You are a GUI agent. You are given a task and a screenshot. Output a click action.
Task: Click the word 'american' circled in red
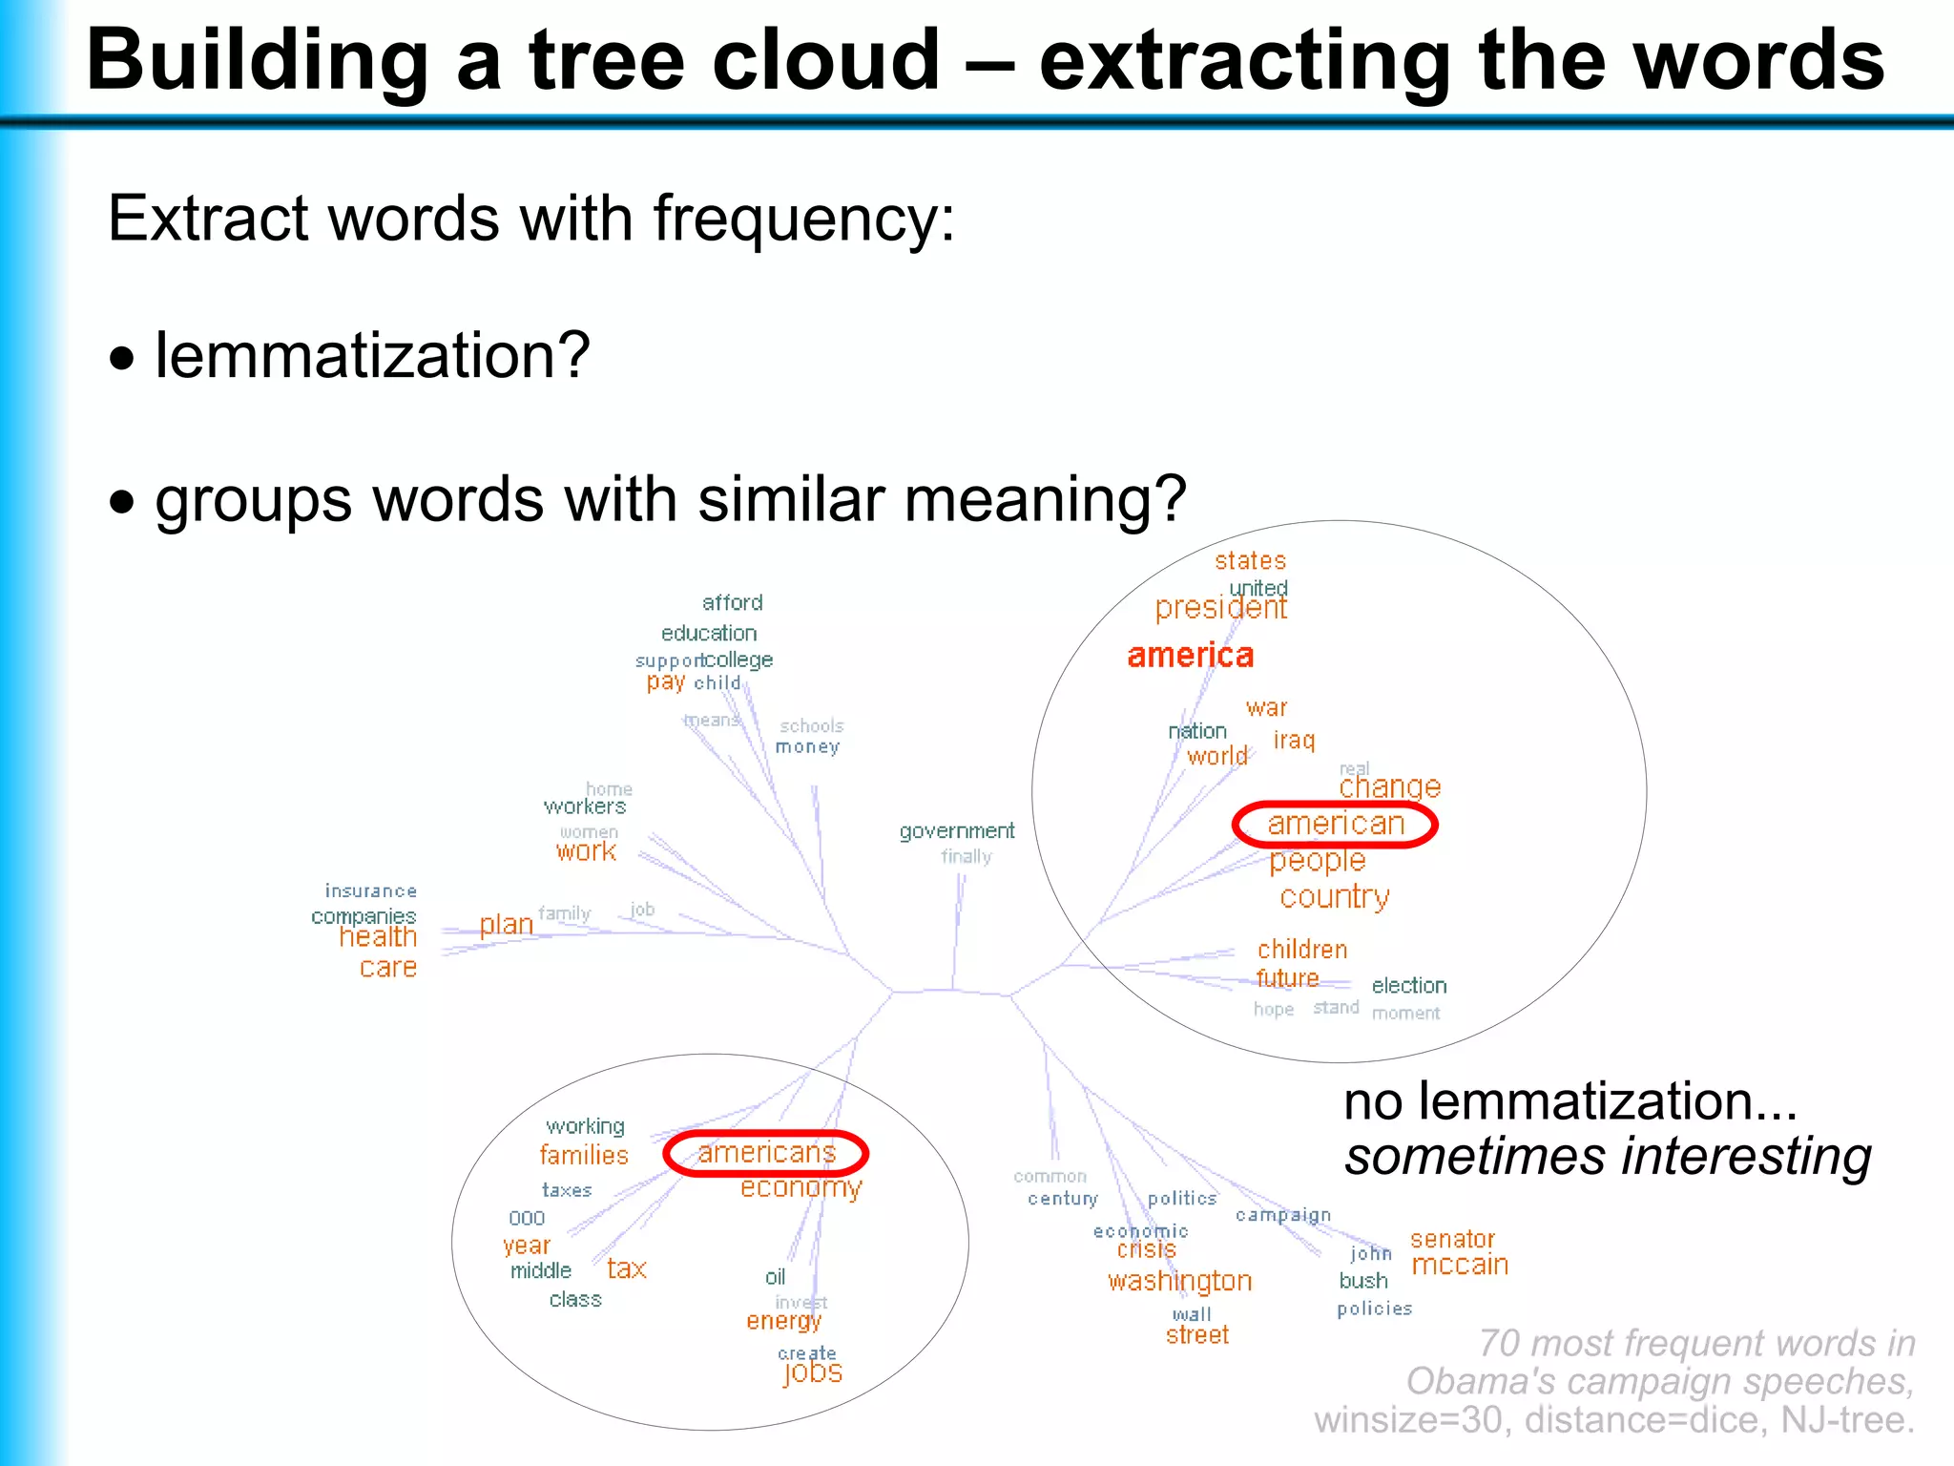[1335, 825]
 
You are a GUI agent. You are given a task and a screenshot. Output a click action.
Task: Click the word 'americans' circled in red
[766, 1153]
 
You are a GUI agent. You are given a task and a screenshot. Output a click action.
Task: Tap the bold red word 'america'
[1190, 656]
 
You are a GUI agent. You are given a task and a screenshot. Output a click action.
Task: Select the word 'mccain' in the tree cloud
[1460, 1266]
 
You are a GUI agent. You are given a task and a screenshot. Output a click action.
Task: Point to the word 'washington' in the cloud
[1179, 1281]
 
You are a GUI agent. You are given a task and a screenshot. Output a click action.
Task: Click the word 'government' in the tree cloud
[956, 831]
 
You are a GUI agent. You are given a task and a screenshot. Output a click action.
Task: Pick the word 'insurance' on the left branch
[370, 890]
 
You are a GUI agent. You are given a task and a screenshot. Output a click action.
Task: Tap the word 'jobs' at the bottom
[813, 1372]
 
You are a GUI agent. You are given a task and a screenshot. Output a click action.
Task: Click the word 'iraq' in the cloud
[1294, 741]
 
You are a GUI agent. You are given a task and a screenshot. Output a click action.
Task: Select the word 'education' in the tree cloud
[709, 633]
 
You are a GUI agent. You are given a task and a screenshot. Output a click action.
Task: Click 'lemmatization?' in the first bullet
[372, 356]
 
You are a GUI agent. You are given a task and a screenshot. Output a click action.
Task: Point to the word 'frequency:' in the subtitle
[803, 219]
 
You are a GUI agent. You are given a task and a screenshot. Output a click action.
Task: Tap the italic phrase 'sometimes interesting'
[1608, 1157]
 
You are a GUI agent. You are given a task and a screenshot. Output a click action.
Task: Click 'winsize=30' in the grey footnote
[1407, 1420]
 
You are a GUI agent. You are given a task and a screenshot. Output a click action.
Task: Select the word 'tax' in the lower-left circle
[626, 1269]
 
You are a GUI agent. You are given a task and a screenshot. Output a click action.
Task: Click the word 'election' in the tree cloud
[1408, 985]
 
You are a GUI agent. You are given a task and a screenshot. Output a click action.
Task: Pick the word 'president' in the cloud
[1220, 608]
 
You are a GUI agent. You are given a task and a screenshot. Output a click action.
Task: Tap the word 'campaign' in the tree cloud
[1282, 1215]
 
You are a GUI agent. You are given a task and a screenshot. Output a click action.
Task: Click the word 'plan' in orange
[506, 925]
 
